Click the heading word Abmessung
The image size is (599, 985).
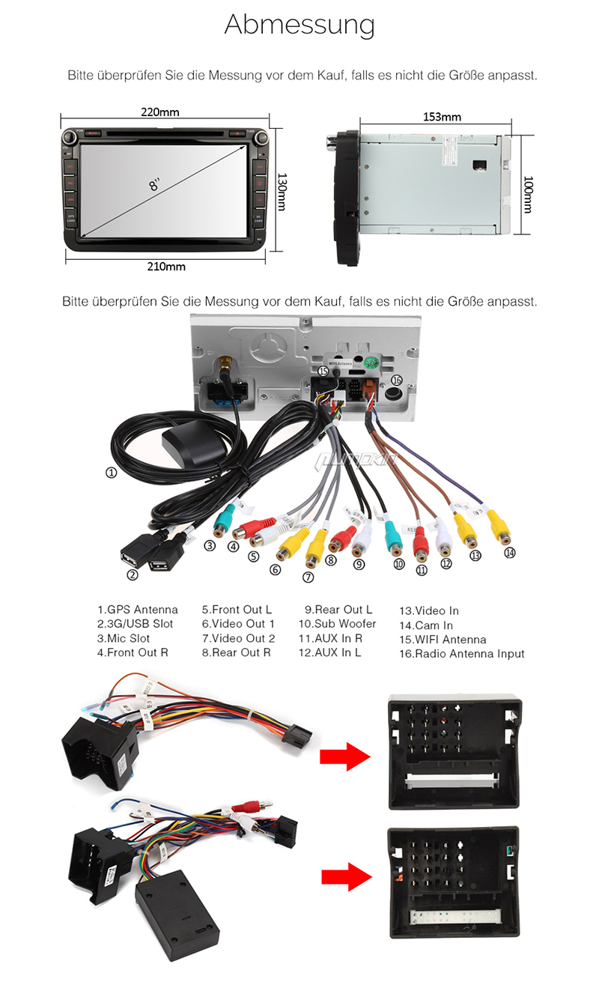299,25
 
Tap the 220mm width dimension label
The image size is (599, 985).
160,112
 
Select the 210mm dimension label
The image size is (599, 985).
165,266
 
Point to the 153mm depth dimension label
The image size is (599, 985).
442,117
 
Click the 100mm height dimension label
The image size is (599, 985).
528,194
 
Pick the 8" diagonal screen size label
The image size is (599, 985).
155,183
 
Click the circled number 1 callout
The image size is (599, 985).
111,473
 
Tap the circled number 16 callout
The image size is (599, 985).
397,380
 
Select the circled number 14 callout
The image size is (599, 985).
510,553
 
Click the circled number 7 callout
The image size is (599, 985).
308,576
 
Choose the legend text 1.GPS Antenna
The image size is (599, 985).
138,610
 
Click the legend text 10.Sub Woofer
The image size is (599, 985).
337,623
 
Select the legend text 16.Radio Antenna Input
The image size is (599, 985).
461,653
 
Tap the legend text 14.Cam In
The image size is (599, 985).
426,625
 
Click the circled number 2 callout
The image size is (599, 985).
133,575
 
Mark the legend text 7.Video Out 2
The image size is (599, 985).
238,638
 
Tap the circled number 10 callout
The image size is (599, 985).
399,564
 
